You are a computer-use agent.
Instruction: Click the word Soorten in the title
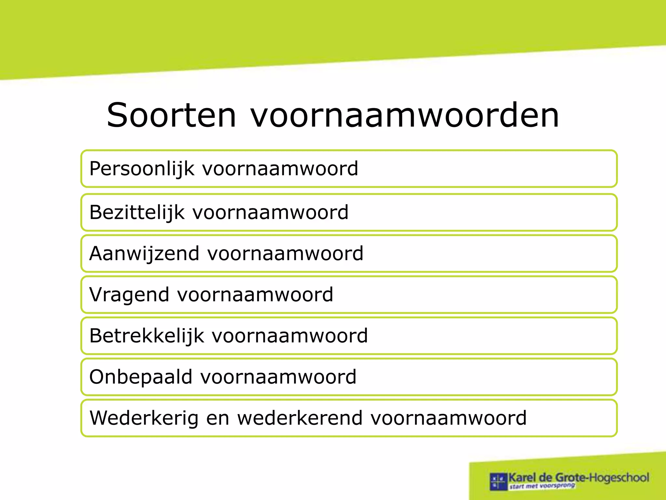tap(171, 115)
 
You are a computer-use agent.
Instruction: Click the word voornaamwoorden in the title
tap(405, 115)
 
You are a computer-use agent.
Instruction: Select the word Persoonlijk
tap(142, 169)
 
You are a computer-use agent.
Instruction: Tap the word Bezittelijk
tap(137, 213)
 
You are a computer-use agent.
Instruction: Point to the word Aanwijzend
tap(144, 254)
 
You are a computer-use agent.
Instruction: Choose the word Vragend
tap(129, 295)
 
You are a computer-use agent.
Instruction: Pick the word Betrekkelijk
tap(147, 336)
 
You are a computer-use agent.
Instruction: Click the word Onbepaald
tap(141, 377)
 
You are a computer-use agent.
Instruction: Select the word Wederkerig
tap(144, 418)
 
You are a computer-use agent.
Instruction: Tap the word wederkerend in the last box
tap(300, 418)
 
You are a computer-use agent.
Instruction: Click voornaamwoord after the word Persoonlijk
tap(280, 169)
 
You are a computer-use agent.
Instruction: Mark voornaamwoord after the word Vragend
tap(255, 295)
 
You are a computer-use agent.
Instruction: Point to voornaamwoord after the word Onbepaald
tap(278, 377)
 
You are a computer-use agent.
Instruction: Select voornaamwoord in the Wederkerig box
tap(448, 418)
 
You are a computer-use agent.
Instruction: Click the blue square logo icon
tap(499, 481)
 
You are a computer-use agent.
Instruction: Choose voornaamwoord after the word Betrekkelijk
tap(290, 336)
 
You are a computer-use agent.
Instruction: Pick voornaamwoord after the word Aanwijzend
tap(285, 254)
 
